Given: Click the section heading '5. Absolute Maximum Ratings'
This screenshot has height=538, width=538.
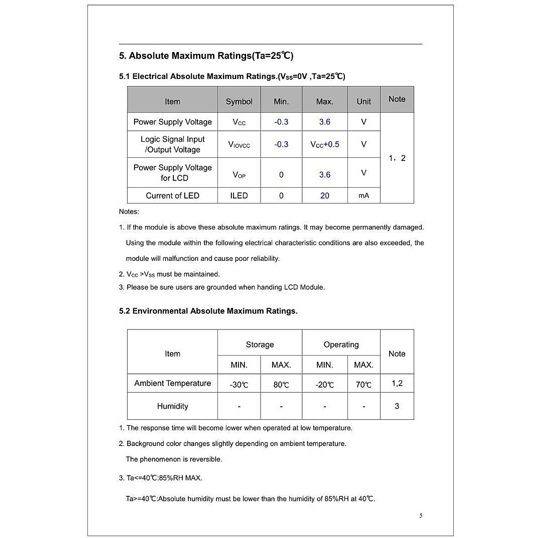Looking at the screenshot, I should point(206,56).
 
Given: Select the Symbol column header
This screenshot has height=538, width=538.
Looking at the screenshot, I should point(239,102).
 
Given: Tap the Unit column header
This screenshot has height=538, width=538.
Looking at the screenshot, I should point(364,102).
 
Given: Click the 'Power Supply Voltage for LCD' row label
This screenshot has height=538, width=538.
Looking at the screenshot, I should point(173,173).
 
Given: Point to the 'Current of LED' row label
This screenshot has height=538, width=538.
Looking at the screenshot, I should point(173,195).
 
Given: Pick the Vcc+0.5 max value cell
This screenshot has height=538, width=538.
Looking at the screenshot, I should point(325,144).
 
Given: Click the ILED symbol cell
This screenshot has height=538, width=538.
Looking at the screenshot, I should point(239,195).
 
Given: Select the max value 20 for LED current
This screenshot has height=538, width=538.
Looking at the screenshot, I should point(325,195).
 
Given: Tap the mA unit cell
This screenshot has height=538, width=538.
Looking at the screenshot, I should point(364,195).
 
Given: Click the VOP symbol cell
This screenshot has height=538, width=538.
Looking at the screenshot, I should point(239,175).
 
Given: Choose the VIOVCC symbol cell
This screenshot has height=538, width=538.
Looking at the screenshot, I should point(239,144).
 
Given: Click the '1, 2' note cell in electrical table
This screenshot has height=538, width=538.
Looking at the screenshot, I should point(397,158).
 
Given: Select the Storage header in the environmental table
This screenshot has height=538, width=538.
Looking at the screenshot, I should point(260,345).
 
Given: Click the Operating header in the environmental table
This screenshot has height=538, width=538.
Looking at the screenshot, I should point(341,345).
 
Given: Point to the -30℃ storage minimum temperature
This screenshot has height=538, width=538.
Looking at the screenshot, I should point(239,385).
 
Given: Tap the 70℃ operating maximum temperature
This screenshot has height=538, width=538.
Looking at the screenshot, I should point(364,385).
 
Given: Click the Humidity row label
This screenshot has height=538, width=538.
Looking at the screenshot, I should point(173,406).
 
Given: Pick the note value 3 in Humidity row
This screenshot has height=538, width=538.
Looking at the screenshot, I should point(397,406).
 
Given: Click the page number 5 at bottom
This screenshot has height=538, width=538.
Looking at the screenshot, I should point(421,516).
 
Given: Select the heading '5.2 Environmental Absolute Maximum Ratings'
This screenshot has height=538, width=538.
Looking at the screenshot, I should point(208,311).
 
